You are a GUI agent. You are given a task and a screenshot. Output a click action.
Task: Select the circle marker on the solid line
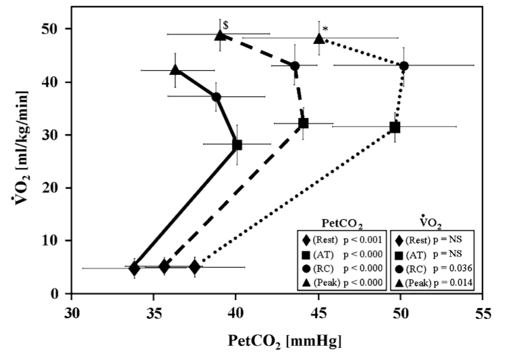point(216,96)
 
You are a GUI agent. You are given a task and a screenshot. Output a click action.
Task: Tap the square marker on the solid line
point(237,144)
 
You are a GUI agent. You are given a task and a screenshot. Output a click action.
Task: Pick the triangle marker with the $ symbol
point(220,35)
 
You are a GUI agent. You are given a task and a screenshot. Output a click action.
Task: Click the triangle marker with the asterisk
point(319,38)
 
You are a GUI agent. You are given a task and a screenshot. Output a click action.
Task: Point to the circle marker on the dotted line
point(404,66)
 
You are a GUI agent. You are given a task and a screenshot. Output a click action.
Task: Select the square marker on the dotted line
point(395,127)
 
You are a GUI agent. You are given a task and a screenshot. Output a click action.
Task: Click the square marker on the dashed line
point(304,123)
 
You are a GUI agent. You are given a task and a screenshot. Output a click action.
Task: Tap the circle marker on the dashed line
point(295,66)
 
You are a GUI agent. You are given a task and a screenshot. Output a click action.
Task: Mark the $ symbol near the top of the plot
point(227,24)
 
